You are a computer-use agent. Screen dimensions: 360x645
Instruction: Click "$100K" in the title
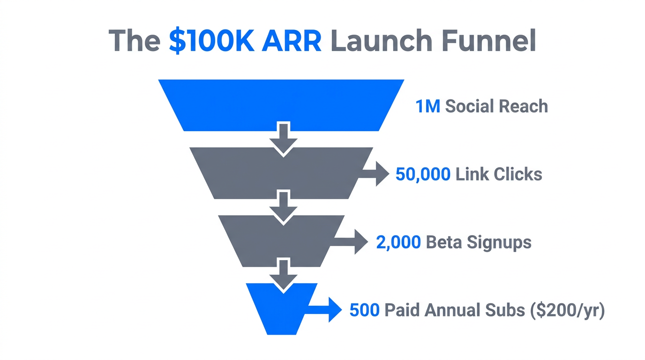click(212, 41)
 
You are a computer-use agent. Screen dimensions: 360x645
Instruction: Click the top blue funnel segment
click(281, 104)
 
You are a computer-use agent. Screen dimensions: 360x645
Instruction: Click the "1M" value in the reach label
click(427, 106)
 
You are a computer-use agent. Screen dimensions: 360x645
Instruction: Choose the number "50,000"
click(423, 174)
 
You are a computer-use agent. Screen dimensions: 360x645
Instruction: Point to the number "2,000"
click(398, 242)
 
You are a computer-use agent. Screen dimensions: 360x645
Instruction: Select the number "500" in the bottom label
click(364, 310)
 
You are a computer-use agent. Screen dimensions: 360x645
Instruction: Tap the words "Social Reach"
click(496, 106)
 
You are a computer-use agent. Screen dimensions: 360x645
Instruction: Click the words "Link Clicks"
click(499, 174)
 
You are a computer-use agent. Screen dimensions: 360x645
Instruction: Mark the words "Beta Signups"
click(479, 242)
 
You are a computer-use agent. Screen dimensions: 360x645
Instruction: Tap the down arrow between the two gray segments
click(282, 206)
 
